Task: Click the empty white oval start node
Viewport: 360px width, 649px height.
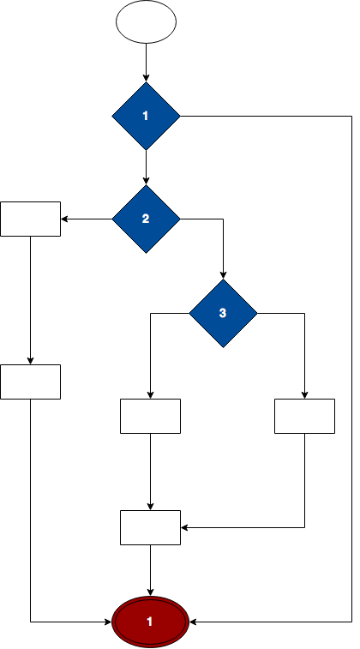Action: (x=146, y=22)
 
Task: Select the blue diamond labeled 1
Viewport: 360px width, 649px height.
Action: (x=146, y=116)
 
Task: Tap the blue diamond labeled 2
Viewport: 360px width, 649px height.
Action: (x=146, y=219)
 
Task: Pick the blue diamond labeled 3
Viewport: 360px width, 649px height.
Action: (x=223, y=313)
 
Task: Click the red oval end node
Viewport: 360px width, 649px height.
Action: (x=150, y=622)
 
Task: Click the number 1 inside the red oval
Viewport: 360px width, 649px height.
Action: (x=150, y=622)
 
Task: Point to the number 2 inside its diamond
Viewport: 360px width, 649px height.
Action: (x=146, y=219)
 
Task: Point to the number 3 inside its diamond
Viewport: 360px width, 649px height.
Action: (x=223, y=313)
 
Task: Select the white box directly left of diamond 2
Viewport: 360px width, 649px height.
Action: (x=31, y=219)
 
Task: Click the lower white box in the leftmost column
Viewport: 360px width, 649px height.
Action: (x=31, y=382)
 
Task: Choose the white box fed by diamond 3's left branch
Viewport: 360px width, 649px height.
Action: (x=150, y=416)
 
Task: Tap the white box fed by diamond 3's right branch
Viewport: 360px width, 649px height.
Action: (x=304, y=416)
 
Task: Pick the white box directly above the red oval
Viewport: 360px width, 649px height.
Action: (x=150, y=528)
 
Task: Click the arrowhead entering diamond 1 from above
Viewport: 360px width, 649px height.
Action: (x=146, y=79)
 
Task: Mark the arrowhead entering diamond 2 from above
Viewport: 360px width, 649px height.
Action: (x=146, y=181)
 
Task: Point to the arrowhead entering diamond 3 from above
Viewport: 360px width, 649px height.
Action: (x=223, y=276)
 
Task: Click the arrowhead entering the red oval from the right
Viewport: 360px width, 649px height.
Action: (x=193, y=622)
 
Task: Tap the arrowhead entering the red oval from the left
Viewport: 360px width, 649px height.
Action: (x=108, y=622)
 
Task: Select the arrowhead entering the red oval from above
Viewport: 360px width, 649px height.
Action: (x=150, y=592)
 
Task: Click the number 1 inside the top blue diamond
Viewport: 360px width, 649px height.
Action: (x=145, y=116)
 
